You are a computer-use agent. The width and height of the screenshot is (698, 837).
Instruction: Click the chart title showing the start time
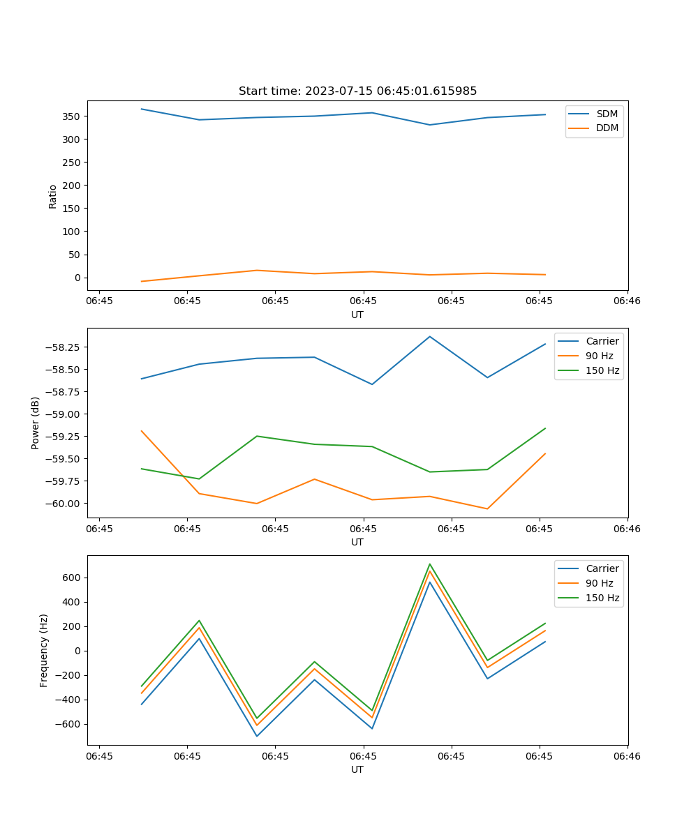[x=357, y=91]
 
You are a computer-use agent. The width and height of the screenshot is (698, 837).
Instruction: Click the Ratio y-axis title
[x=53, y=196]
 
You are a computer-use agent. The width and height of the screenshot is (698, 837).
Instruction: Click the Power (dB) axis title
[x=36, y=423]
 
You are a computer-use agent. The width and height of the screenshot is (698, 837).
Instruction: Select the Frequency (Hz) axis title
[x=44, y=650]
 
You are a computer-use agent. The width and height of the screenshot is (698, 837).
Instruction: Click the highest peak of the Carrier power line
[x=430, y=336]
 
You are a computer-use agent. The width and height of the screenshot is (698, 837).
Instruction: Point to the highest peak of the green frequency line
[x=430, y=564]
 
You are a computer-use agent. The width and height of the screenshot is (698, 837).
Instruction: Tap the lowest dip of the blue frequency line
[x=257, y=737]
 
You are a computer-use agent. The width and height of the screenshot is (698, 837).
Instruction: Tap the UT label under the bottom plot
[x=357, y=769]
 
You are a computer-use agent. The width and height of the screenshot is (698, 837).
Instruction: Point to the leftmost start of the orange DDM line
[x=142, y=282]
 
